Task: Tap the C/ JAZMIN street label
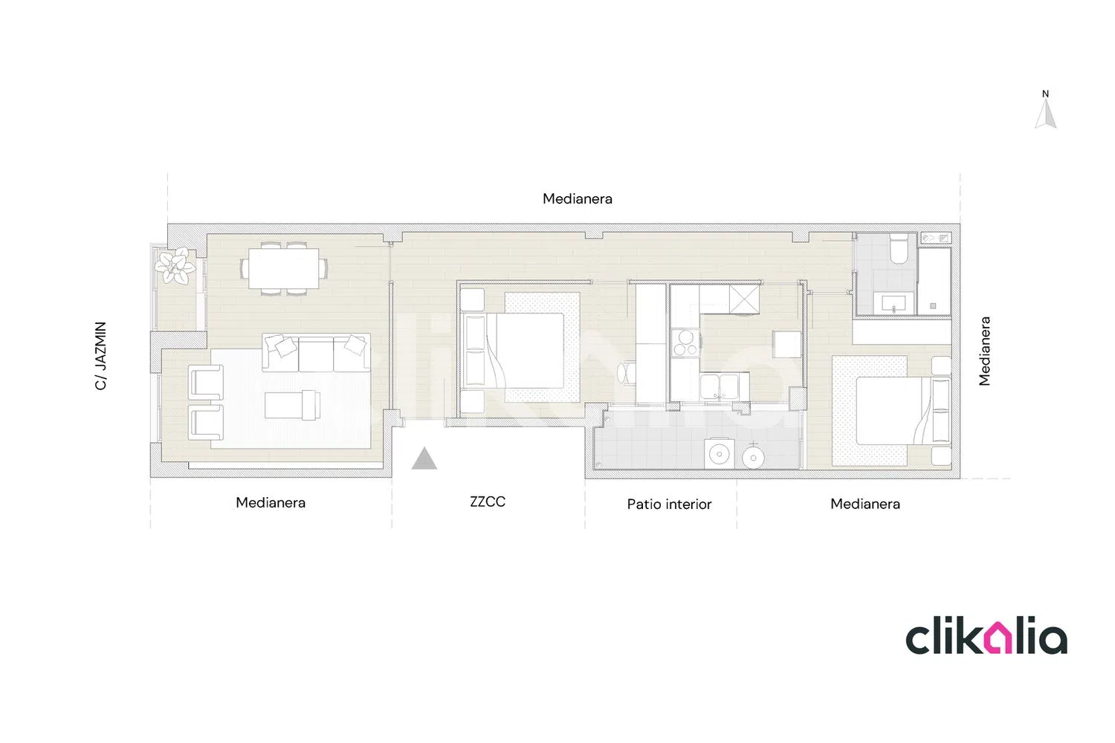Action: tap(100, 356)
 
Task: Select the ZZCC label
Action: tap(488, 502)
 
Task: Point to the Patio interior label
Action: tap(669, 504)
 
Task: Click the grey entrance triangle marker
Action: tap(424, 459)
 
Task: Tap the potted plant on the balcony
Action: tap(174, 266)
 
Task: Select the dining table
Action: tap(284, 268)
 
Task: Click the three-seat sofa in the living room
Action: tap(316, 353)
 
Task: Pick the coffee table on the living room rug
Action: tap(292, 405)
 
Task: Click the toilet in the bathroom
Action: tap(899, 249)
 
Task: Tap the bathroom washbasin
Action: tap(893, 302)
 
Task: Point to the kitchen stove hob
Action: tap(685, 343)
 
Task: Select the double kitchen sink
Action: tap(720, 387)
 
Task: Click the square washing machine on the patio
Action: tap(720, 453)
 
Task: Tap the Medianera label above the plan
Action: tap(578, 198)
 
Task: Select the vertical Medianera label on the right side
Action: tap(984, 351)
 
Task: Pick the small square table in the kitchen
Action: tap(787, 344)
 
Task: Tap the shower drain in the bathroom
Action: tap(933, 306)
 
